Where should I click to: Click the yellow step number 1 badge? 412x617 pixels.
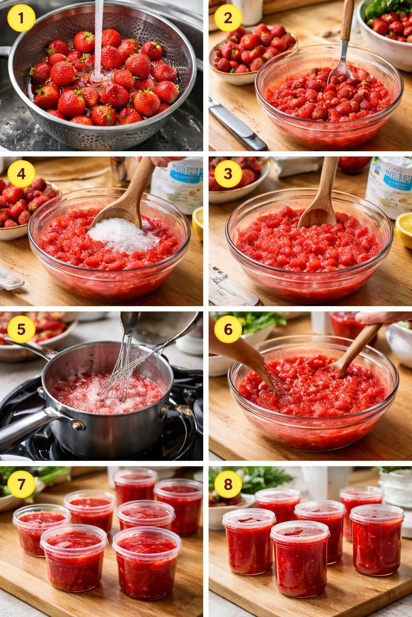21,18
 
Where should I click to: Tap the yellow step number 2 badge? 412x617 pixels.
228,18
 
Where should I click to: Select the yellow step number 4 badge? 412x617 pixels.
21,174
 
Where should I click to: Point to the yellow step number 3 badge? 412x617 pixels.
228,174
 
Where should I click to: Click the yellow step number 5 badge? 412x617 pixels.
21,329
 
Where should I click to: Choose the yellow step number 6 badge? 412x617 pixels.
228,329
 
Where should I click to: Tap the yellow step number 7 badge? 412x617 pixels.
21,484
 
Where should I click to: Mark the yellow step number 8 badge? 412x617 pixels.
228,484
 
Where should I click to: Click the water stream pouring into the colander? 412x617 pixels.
98,36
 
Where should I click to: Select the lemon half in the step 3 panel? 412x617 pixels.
404,229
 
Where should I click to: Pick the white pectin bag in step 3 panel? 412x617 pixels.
388,187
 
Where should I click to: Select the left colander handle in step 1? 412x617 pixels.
4,51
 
